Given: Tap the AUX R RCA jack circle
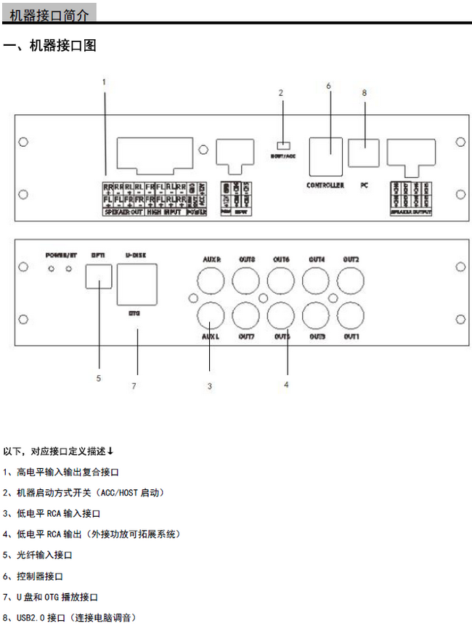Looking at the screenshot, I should click(x=211, y=279).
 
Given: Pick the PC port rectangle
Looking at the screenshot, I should click(x=364, y=153).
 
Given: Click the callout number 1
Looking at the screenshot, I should click(x=104, y=81).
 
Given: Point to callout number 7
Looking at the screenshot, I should click(x=134, y=385).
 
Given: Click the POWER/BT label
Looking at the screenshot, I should click(x=60, y=255).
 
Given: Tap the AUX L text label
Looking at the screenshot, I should click(x=211, y=337).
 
